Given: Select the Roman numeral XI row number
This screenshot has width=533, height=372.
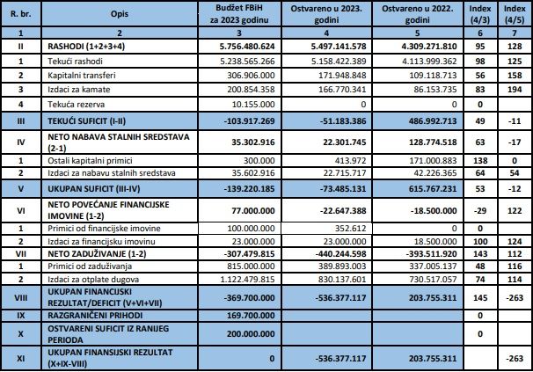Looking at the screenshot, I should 20,359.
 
